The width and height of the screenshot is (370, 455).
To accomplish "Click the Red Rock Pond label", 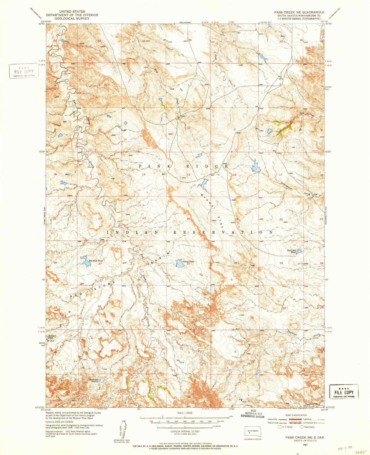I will click(96, 261).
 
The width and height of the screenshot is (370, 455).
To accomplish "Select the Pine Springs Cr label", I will click(311, 114).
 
